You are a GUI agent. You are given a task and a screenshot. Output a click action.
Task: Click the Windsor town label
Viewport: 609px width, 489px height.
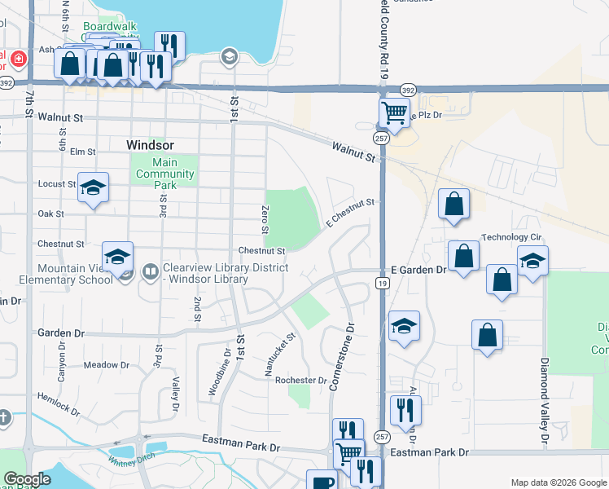[x=151, y=144]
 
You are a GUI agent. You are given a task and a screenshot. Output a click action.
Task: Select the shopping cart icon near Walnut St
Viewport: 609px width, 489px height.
[x=394, y=112]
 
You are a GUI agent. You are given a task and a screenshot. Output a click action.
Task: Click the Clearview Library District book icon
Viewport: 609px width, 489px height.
[x=150, y=271]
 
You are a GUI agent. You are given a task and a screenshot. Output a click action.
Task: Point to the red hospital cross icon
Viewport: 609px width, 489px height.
[x=18, y=59]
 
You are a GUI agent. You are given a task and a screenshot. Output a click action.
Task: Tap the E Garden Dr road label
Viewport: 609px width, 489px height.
[x=418, y=269]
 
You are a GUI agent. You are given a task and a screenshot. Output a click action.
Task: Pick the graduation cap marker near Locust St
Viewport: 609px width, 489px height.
[x=93, y=187]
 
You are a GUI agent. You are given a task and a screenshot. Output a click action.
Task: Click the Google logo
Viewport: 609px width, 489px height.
[x=28, y=479]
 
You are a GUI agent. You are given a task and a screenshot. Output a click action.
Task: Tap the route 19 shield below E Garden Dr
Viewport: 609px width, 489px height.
[x=381, y=283]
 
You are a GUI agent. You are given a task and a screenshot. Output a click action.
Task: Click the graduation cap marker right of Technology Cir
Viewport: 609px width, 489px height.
[x=532, y=261]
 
